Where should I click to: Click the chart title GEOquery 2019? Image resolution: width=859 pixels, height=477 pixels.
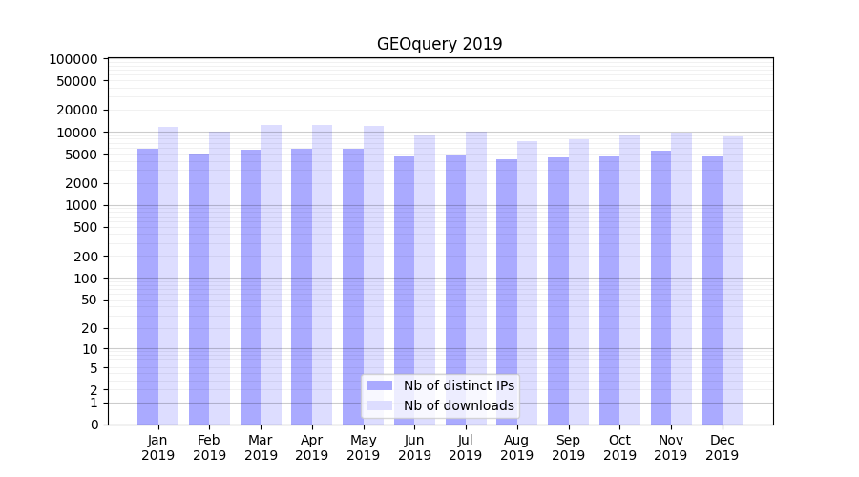(x=439, y=44)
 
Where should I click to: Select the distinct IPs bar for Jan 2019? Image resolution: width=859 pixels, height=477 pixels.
(x=148, y=286)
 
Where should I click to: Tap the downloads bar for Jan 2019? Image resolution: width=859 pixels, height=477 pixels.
(x=169, y=277)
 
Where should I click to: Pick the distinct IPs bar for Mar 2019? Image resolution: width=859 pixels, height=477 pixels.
(x=250, y=286)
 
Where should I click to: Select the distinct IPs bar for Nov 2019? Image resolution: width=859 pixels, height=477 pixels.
(x=660, y=286)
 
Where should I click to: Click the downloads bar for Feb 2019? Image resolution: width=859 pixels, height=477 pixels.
(x=220, y=278)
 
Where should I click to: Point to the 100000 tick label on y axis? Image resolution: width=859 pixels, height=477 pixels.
(x=73, y=59)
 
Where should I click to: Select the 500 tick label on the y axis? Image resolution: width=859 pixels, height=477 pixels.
(x=85, y=227)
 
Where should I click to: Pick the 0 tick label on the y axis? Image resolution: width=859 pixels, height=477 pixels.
(x=94, y=425)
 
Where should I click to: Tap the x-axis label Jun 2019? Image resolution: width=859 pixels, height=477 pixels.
(x=414, y=447)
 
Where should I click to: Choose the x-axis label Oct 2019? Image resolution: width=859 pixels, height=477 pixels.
(x=619, y=447)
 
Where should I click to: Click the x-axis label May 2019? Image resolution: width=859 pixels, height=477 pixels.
(x=364, y=447)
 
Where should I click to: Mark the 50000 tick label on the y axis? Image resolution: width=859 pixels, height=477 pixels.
(x=77, y=81)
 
